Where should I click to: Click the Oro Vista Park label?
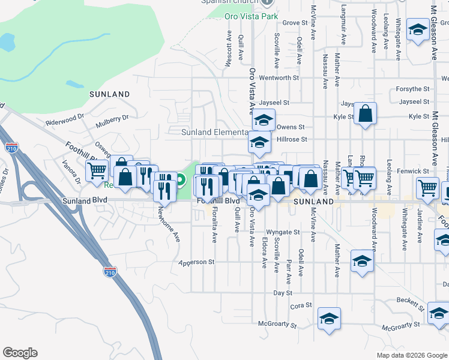251,16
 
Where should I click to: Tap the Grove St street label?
295,23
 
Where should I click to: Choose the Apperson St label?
196,262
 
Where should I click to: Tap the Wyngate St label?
283,232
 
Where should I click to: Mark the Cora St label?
301,305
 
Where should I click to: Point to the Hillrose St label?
292,139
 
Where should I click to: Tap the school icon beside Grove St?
417,29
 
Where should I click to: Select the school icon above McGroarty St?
329,318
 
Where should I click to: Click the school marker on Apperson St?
363,261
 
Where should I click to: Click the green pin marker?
180,179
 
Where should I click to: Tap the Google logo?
20,353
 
